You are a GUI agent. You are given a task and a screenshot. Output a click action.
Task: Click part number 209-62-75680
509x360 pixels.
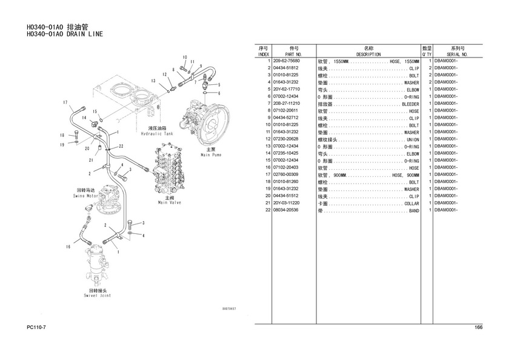pyautogui.click(x=287, y=61)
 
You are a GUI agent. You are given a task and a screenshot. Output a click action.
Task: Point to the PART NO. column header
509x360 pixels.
pyautogui.click(x=293, y=54)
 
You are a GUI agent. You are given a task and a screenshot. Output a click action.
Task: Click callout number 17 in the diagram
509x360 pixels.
pyautogui.click(x=65, y=102)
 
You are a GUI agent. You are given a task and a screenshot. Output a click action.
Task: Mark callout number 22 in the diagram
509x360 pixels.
pyautogui.click(x=121, y=146)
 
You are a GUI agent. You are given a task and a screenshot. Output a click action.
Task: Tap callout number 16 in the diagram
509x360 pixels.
pyautogui.click(x=68, y=247)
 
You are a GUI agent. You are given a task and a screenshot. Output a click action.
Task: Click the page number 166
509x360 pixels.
pyautogui.click(x=478, y=328)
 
